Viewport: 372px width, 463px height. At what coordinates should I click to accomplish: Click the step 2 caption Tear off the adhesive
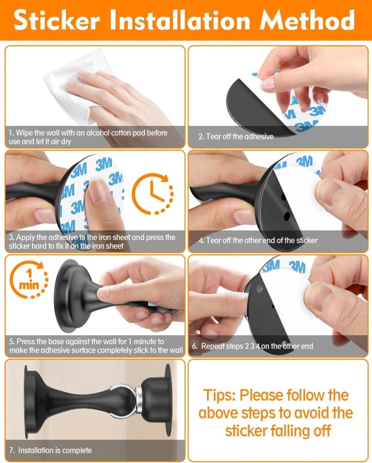(236, 137)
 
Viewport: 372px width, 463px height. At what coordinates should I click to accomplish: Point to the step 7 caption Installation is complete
(50, 450)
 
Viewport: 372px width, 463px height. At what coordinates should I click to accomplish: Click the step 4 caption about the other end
(258, 240)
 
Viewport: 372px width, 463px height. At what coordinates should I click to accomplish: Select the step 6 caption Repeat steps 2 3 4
(252, 346)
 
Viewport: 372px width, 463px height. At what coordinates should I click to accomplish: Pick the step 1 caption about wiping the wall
(88, 137)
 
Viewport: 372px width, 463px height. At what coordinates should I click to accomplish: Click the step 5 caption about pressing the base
(96, 346)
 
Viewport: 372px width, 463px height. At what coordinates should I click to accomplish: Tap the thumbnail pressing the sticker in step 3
(98, 193)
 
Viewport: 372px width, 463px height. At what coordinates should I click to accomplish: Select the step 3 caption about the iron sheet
(92, 242)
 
